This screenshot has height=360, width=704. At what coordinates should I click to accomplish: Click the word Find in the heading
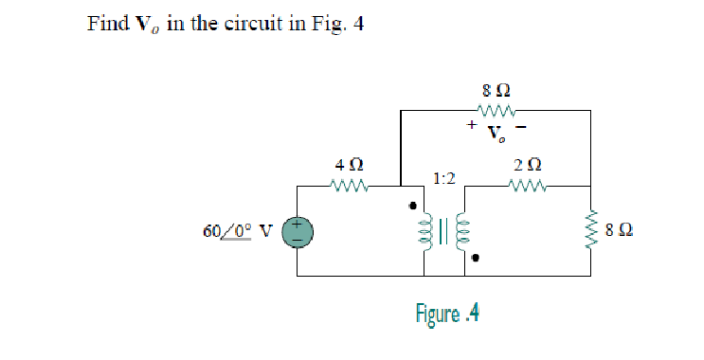click(x=106, y=24)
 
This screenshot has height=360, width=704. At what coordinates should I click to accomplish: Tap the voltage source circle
click(x=297, y=230)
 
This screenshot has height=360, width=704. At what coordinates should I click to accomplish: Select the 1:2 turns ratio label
click(x=445, y=177)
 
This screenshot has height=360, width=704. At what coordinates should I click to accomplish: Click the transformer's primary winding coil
click(x=429, y=231)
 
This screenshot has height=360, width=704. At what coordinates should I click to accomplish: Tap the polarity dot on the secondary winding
click(x=478, y=256)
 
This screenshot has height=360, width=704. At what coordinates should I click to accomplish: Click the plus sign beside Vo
click(x=469, y=124)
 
